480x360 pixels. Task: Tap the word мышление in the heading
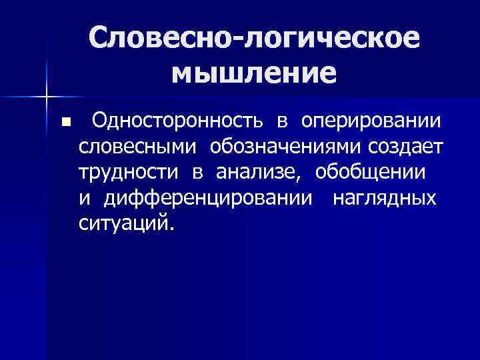[x=253, y=73]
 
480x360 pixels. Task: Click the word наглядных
[x=385, y=198]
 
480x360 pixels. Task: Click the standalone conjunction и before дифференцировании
[x=84, y=198]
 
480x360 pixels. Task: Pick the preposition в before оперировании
[x=283, y=123]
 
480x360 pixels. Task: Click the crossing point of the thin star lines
[x=46, y=97]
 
